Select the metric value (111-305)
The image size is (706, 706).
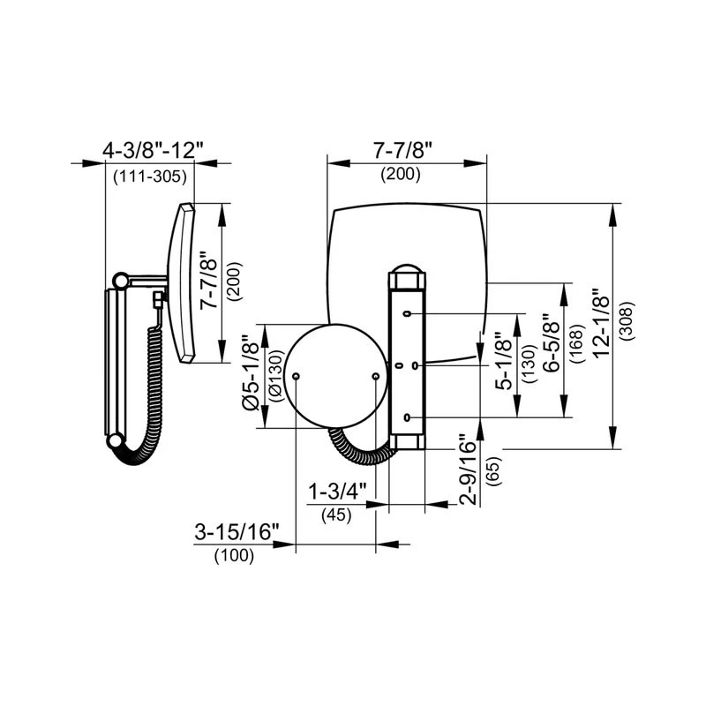point(150,176)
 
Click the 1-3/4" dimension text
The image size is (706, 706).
point(333,491)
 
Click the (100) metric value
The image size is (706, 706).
point(234,556)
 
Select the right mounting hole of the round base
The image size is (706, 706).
point(376,376)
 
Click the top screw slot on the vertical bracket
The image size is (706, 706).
point(408,313)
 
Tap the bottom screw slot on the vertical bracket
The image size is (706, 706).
point(408,416)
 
